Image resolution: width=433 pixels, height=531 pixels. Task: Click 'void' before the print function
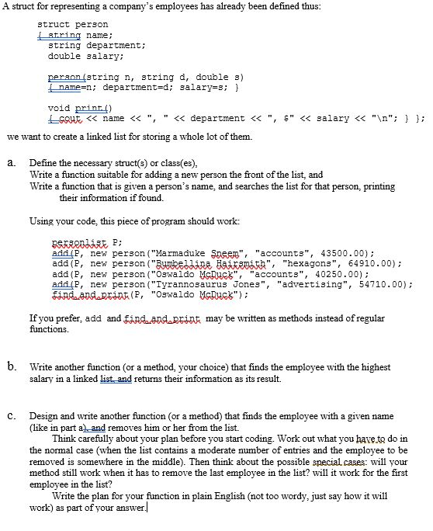[59, 107]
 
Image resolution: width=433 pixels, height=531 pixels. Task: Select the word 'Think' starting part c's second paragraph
[64, 427]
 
